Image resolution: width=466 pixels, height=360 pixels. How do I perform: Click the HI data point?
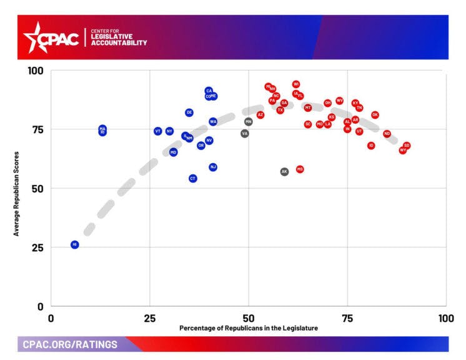pos(74,244)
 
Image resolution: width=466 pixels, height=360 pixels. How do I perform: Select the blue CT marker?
pos(193,178)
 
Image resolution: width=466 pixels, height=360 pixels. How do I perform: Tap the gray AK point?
pos(284,171)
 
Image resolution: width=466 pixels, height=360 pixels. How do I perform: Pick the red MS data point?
pos(300,169)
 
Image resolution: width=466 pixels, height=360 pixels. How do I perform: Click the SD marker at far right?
pos(407,146)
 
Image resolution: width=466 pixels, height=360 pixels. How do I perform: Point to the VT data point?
pos(158,131)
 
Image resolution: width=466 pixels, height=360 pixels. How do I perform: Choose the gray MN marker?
pos(249,121)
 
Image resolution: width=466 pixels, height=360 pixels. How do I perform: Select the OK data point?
pos(375,115)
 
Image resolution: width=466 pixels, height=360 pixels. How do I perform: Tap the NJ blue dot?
pos(213,167)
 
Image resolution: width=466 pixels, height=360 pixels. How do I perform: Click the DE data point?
pos(189,112)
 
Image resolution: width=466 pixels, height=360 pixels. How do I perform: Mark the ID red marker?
pos(371,146)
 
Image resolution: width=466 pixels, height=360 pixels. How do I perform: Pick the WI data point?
pos(296,84)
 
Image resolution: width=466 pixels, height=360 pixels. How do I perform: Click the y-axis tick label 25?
pos(38,247)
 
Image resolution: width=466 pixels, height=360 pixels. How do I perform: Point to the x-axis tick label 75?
pos(347,317)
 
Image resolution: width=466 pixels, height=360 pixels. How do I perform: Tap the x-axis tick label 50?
pos(249,317)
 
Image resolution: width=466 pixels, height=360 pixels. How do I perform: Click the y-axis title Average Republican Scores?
pos(17,193)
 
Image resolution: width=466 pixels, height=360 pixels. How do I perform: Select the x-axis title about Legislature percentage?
pos(249,328)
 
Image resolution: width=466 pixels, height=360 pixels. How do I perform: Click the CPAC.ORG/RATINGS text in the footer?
pos(70,344)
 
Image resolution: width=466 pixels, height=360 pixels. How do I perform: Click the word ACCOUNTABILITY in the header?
pos(119,43)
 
